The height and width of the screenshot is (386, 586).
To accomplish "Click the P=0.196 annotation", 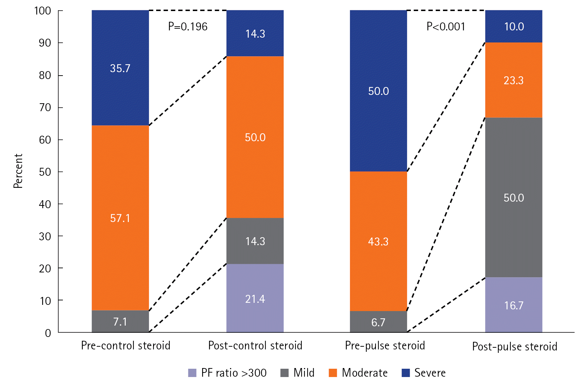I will pyautogui.click(x=188, y=27).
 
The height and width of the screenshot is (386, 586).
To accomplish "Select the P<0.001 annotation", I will pyautogui.click(x=446, y=27).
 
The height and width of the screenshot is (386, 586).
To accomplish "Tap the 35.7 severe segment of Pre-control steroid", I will pyautogui.click(x=120, y=68).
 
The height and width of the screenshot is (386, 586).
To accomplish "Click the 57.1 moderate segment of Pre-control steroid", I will pyautogui.click(x=120, y=218).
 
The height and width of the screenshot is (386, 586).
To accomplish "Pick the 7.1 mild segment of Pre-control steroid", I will pyautogui.click(x=120, y=321).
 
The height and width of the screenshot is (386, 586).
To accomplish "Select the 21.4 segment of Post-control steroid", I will pyautogui.click(x=255, y=299).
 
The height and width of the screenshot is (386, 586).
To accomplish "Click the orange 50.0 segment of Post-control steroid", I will pyautogui.click(x=255, y=137).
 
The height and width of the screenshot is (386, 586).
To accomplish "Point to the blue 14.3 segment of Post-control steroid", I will pyautogui.click(x=255, y=33).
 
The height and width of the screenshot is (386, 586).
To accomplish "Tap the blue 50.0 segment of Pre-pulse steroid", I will pyautogui.click(x=378, y=91).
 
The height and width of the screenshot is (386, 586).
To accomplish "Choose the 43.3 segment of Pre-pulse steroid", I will pyautogui.click(x=378, y=241).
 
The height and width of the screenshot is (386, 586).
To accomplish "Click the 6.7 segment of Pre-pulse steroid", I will pyautogui.click(x=378, y=322).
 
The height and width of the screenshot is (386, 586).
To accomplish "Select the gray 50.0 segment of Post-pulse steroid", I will pyautogui.click(x=514, y=197).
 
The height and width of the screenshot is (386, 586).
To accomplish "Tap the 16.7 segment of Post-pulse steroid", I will pyautogui.click(x=514, y=305).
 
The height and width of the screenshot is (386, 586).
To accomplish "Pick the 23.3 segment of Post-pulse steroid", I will pyautogui.click(x=514, y=80).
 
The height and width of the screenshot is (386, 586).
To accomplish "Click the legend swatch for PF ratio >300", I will pyautogui.click(x=192, y=373).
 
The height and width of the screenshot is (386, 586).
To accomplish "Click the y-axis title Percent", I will pyautogui.click(x=18, y=171).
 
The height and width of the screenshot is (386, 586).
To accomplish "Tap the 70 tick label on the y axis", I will pyautogui.click(x=45, y=107).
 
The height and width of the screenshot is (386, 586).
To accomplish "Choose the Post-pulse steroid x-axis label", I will pyautogui.click(x=514, y=346).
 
